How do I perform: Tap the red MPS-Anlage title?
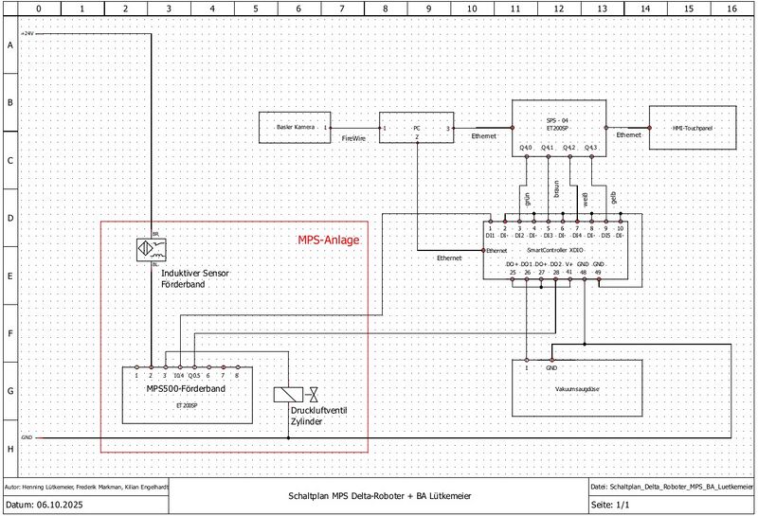328,240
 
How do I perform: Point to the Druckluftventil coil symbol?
287,395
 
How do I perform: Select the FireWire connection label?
354,138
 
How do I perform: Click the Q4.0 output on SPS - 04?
526,148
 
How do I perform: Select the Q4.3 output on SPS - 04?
590,148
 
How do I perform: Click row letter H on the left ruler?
9,447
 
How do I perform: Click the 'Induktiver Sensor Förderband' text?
194,278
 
